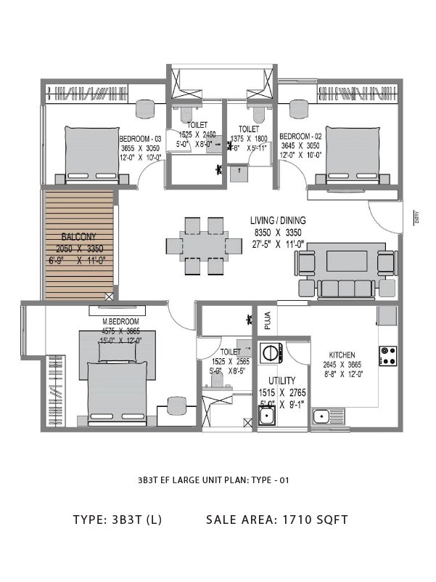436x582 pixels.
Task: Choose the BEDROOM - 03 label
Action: coord(141,138)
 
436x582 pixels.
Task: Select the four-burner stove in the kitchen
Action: coord(388,355)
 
